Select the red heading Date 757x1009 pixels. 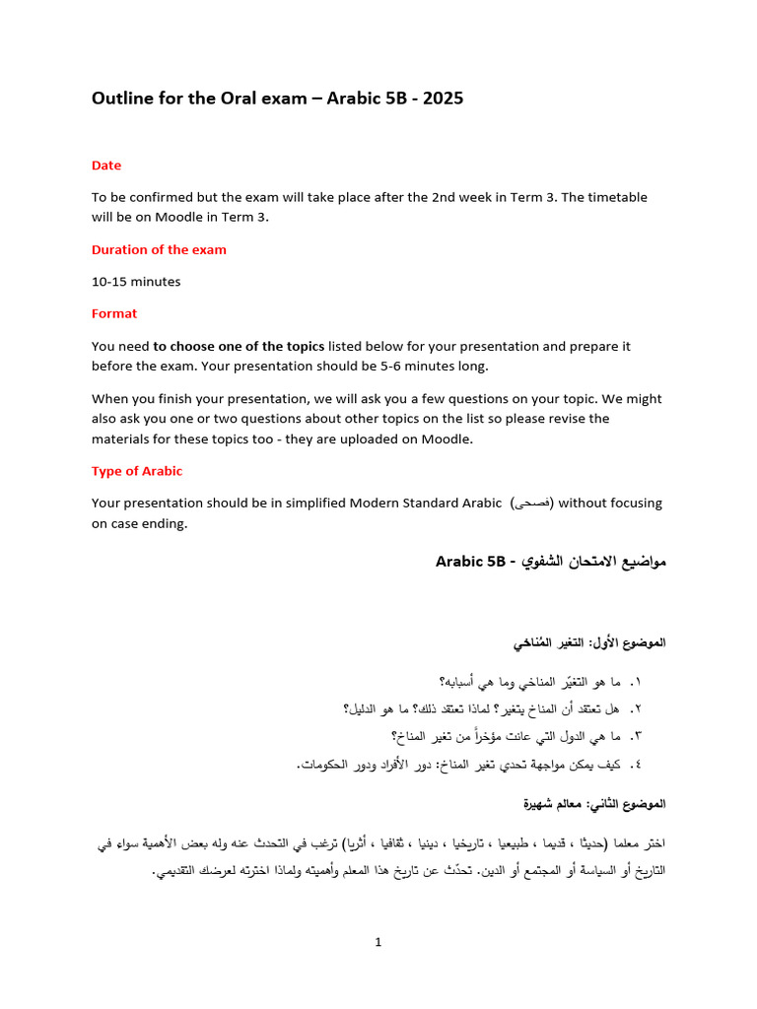106,166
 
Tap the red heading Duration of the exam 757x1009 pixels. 159,249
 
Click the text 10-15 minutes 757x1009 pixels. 136,282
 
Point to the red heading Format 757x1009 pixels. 114,313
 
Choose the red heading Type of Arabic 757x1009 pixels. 137,471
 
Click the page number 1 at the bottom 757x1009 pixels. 378,942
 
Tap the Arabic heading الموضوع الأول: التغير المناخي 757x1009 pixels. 589,643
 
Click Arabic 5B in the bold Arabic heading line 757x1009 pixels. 472,562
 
